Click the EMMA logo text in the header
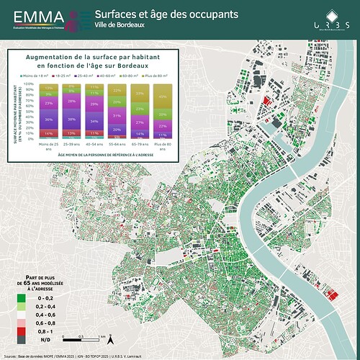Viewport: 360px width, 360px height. [32, 17]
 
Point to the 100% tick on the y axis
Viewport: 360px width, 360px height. [30, 84]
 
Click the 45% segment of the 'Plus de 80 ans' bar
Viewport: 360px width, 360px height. [163, 96]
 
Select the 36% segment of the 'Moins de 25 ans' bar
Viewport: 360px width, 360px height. [49, 119]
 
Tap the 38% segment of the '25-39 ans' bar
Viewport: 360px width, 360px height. [71, 118]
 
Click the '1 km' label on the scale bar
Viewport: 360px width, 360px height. [104, 336]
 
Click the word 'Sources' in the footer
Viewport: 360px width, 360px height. [11, 356]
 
